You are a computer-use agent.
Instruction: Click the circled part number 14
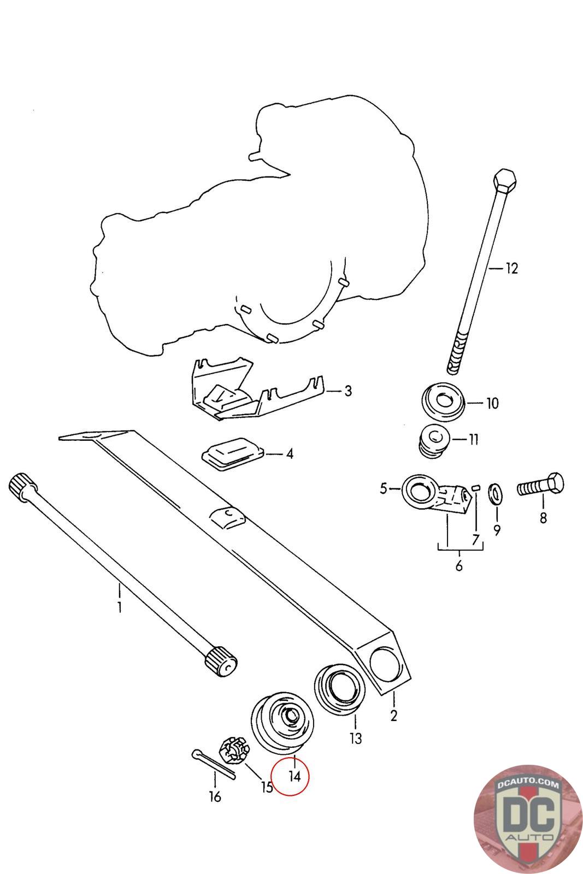click(295, 776)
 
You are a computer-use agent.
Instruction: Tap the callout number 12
click(511, 269)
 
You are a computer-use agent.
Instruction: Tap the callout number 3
click(348, 391)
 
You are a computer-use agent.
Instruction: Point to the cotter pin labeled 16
click(213, 765)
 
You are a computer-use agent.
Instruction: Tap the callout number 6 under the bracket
click(459, 566)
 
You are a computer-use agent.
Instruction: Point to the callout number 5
click(384, 487)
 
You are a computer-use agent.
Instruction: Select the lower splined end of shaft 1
click(221, 662)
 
